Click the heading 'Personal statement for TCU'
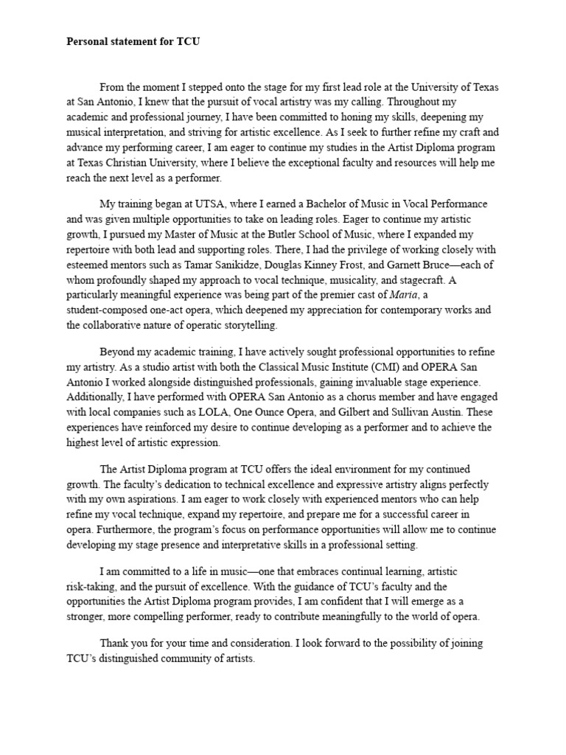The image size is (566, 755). [x=133, y=42]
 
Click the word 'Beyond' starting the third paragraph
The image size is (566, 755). [x=116, y=351]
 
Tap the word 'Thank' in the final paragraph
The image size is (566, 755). [x=114, y=643]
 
